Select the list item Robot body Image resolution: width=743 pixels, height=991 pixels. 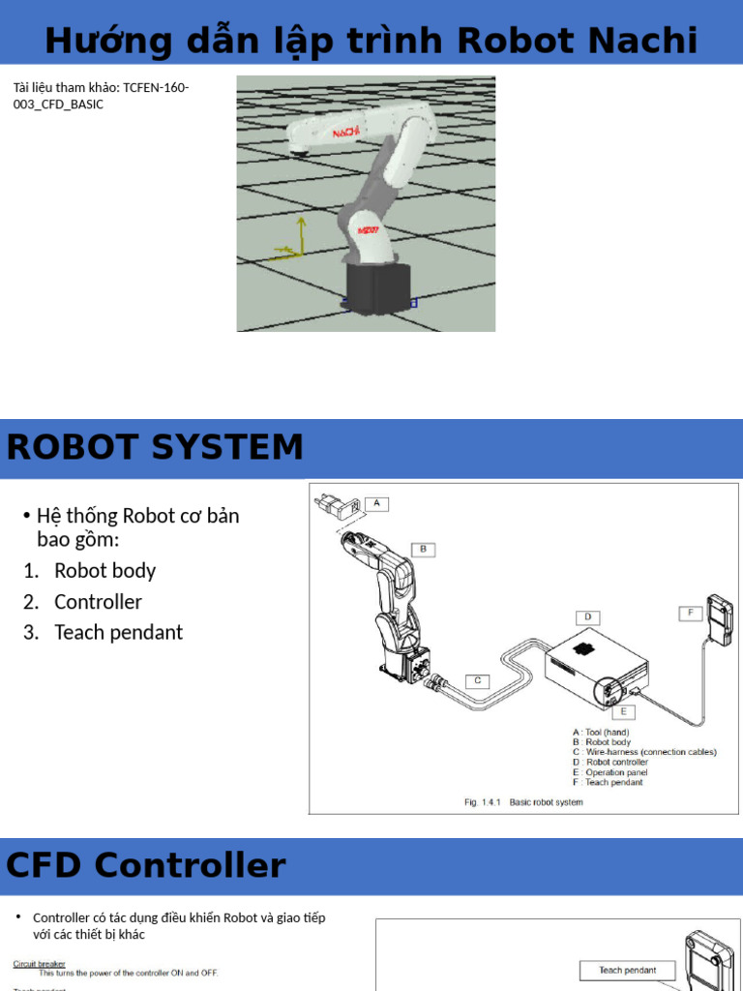(x=104, y=571)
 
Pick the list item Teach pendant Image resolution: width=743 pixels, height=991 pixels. (x=118, y=633)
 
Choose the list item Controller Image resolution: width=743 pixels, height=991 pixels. (x=98, y=602)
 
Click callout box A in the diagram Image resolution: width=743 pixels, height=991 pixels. (x=377, y=503)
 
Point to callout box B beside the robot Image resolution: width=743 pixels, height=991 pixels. (x=423, y=549)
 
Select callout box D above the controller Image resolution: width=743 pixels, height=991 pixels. (x=586, y=616)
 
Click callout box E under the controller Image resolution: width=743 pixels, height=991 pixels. (x=624, y=711)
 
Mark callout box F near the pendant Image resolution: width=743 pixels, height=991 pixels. (x=690, y=613)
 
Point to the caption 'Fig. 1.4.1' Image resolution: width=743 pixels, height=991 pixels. (x=482, y=802)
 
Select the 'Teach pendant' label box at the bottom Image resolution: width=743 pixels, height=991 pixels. (x=627, y=970)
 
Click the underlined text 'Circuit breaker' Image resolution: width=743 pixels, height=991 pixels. (x=39, y=964)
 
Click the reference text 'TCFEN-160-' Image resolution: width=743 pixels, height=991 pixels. (x=156, y=88)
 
